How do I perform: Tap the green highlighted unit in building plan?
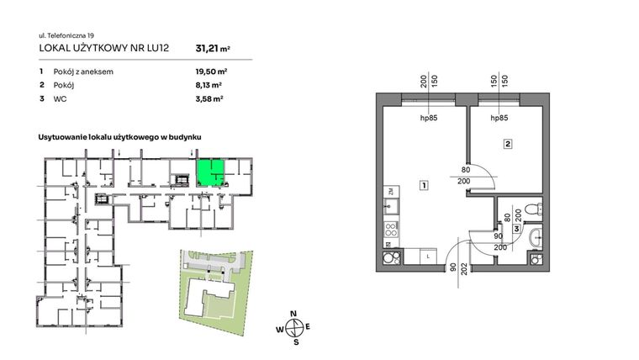[210, 172]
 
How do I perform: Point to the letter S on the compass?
[294, 342]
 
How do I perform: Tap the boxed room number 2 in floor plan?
[508, 144]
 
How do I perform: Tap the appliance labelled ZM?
[392, 193]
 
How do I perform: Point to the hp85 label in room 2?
[500, 119]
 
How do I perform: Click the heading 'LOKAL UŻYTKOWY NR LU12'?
[104, 49]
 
